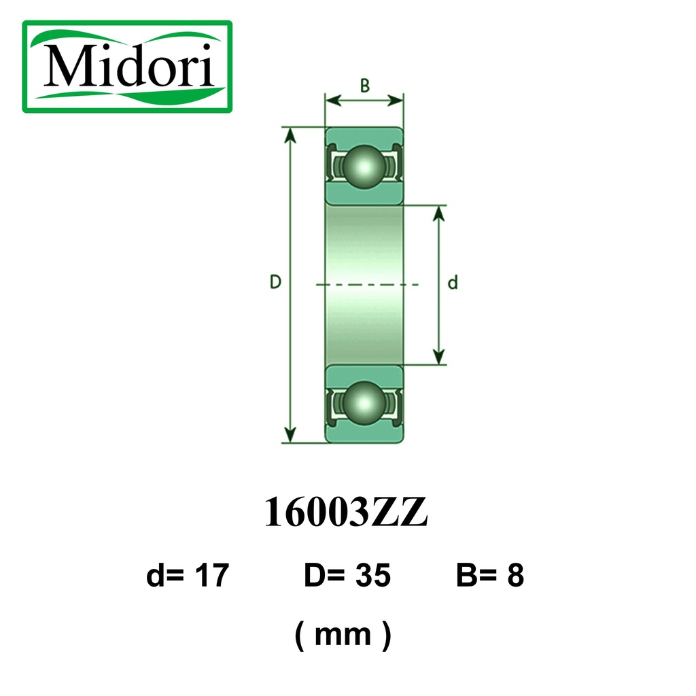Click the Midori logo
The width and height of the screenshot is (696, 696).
click(127, 67)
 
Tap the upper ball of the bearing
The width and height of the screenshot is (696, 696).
click(364, 167)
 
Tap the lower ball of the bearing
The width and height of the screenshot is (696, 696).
click(364, 403)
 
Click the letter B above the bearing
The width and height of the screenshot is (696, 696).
click(365, 85)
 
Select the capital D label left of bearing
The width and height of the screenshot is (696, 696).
click(276, 282)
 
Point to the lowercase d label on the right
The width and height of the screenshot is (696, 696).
click(452, 282)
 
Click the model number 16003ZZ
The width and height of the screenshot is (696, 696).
click(346, 512)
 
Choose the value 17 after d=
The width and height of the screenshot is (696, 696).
click(212, 575)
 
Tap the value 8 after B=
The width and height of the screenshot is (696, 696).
click(515, 575)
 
